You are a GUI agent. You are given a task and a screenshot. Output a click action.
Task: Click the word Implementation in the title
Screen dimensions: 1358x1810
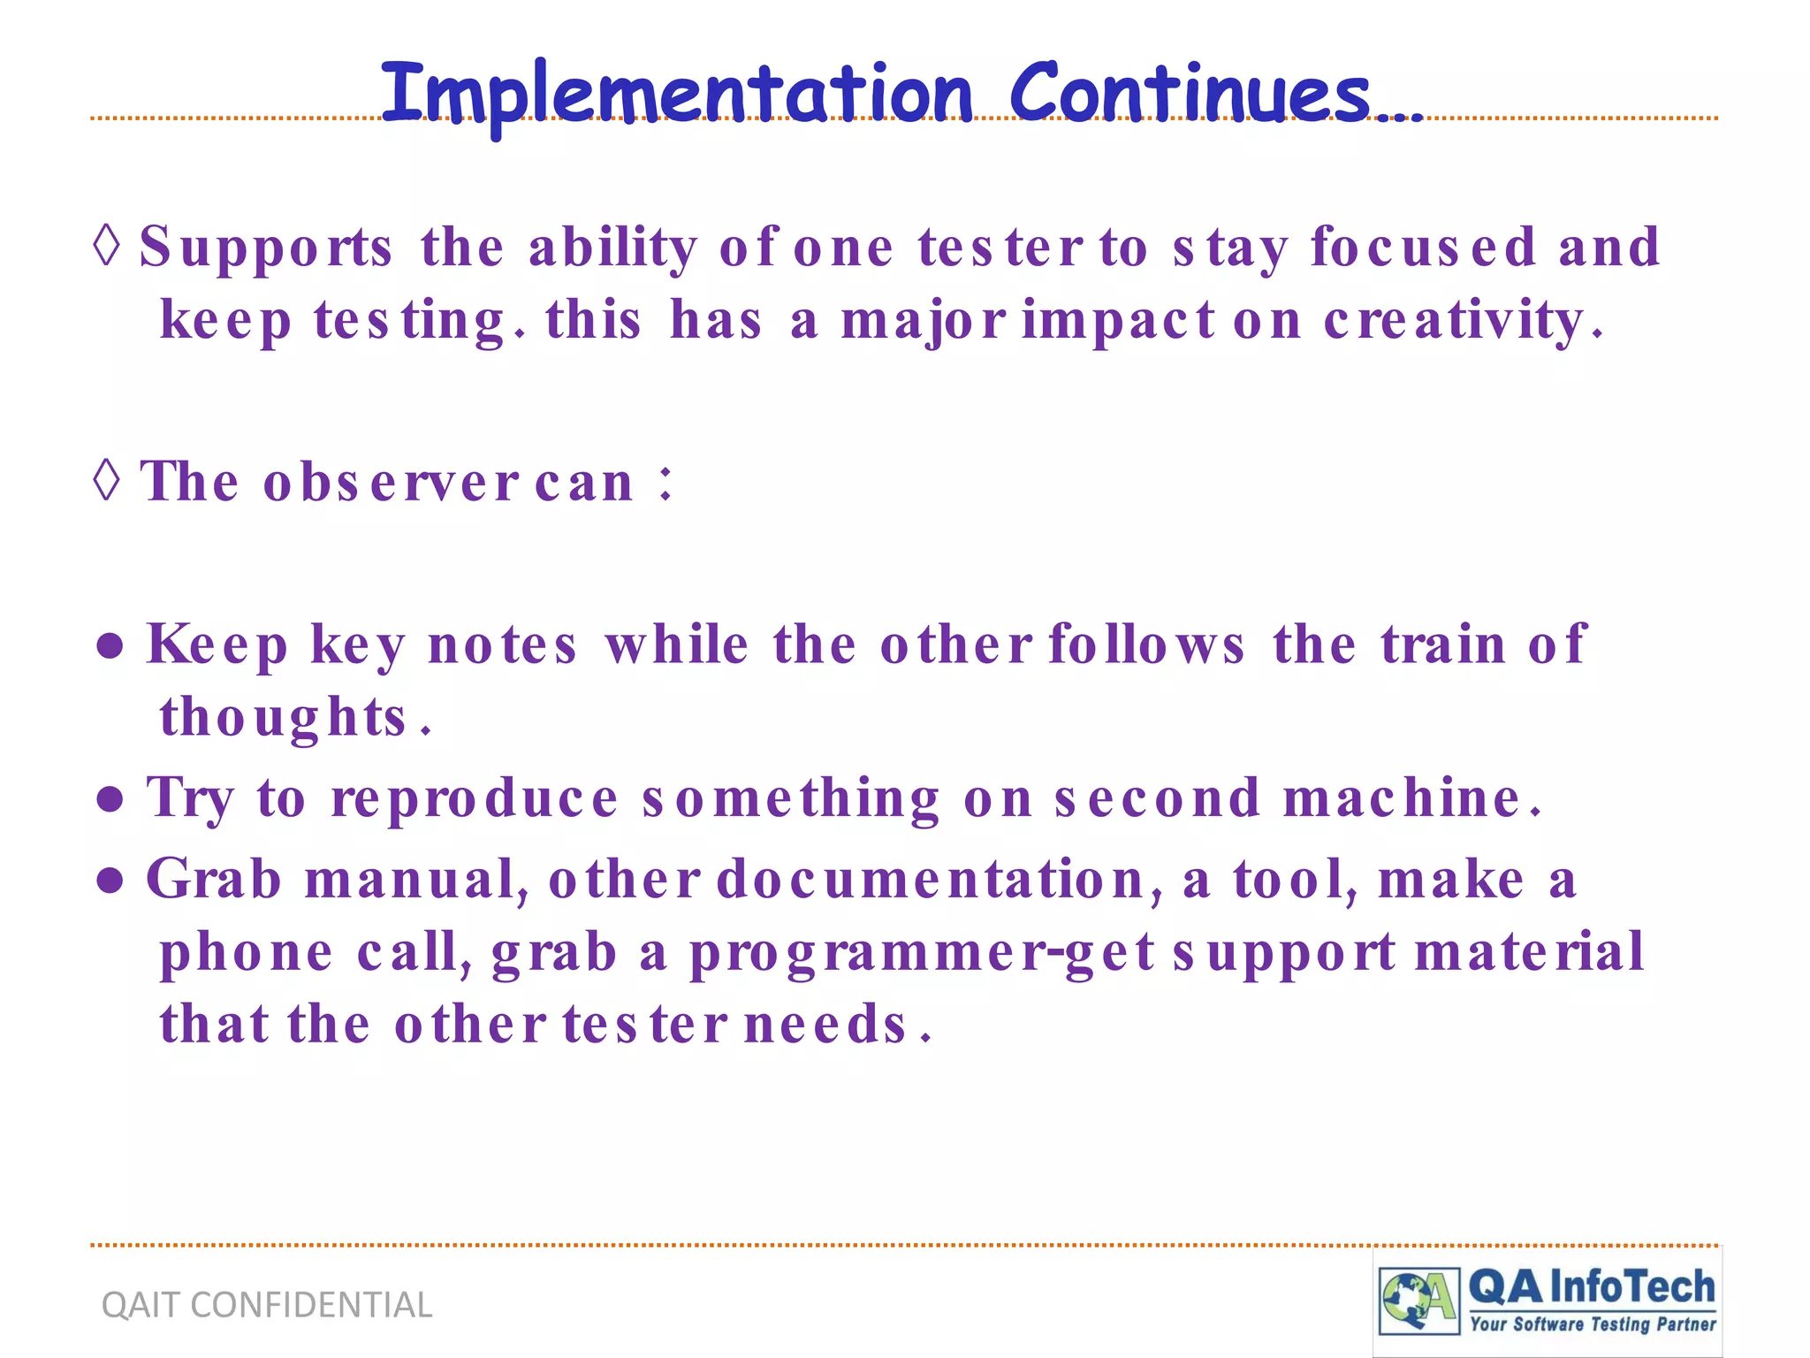pyautogui.click(x=676, y=94)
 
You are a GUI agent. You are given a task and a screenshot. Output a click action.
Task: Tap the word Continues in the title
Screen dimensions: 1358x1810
pyautogui.click(x=1190, y=94)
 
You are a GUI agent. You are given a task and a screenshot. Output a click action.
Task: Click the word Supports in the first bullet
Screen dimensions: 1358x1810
pyautogui.click(x=265, y=248)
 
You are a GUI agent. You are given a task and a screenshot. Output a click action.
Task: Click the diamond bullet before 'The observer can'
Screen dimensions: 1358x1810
pyautogui.click(x=106, y=480)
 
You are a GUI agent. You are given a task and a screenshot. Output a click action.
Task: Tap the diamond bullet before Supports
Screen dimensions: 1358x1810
pyautogui.click(x=106, y=244)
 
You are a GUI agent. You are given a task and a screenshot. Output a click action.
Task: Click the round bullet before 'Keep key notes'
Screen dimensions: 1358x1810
pyautogui.click(x=110, y=646)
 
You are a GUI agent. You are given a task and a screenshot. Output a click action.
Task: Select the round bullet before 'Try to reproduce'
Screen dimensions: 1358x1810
pyautogui.click(x=110, y=799)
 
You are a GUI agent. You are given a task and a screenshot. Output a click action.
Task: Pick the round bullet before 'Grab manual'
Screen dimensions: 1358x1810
pyautogui.click(x=110, y=881)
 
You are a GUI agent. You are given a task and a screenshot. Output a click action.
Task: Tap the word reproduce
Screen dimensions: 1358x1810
pyautogui.click(x=475, y=799)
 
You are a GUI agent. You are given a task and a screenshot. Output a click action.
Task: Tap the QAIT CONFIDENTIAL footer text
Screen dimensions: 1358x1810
pyautogui.click(x=267, y=1305)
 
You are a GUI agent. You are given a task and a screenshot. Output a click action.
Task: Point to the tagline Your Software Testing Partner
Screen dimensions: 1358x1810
pyautogui.click(x=1593, y=1324)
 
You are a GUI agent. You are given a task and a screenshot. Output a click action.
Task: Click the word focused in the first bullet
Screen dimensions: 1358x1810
pyautogui.click(x=1423, y=248)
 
